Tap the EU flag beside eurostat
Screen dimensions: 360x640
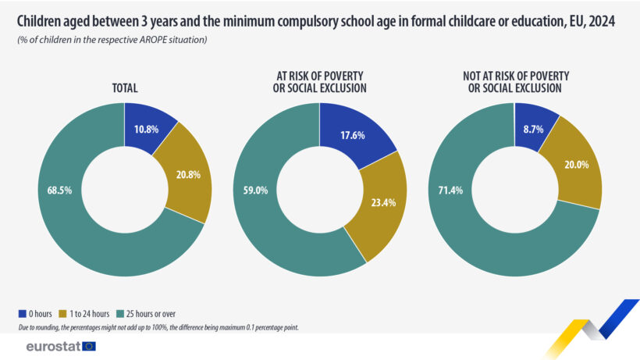[89, 346]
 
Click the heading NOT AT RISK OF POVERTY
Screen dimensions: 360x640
[515, 76]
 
